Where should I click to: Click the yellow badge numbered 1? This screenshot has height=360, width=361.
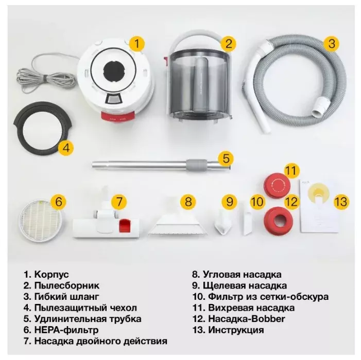point(136,43)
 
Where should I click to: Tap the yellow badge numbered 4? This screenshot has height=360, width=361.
point(66,148)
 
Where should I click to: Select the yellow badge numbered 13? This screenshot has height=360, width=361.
point(341,202)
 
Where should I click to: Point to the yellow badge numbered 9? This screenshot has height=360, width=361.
point(230,202)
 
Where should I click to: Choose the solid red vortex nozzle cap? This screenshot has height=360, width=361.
point(277,185)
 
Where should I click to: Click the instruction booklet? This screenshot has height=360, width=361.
point(319,206)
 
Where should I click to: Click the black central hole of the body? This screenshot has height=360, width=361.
point(114,69)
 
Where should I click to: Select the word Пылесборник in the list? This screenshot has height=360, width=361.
point(67,285)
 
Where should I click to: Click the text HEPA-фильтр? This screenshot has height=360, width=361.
point(66,330)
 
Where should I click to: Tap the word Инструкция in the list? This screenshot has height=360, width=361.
point(236,330)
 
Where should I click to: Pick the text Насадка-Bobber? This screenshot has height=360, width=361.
point(247,319)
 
